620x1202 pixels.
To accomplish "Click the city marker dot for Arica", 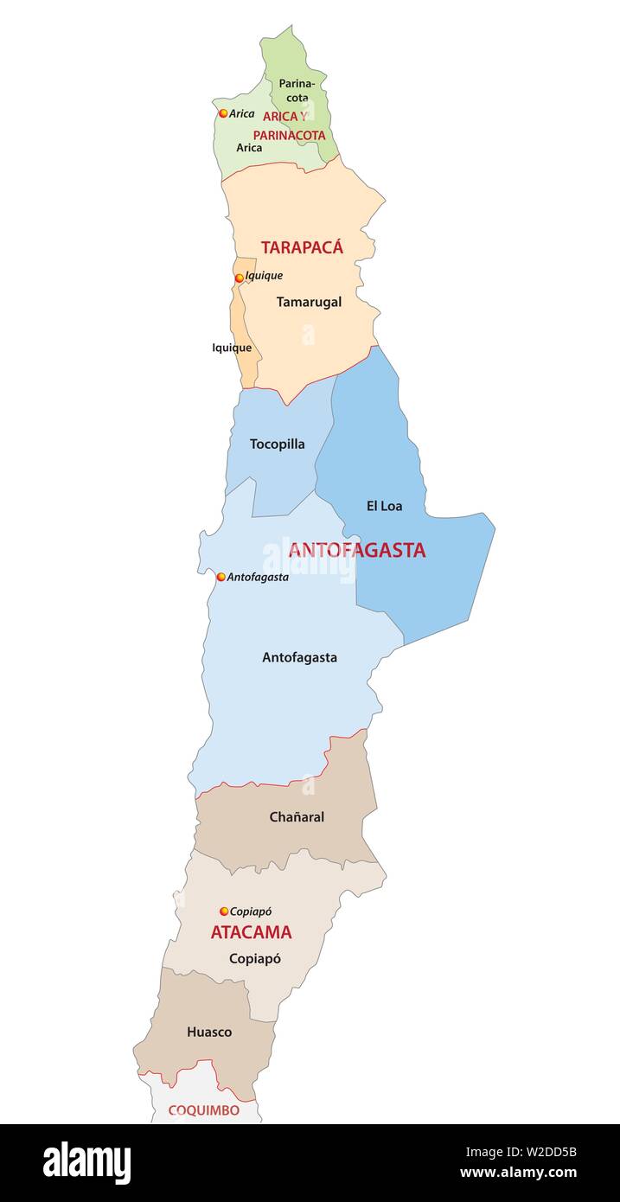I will (223, 113).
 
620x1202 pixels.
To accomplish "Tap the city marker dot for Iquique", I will (240, 278).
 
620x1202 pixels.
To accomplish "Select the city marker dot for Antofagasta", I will (221, 577).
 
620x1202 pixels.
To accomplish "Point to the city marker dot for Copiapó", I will (224, 911).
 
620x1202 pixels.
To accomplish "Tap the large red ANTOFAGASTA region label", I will (356, 550).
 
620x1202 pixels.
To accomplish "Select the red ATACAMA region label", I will (251, 932).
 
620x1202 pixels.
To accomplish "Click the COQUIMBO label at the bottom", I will (203, 1110).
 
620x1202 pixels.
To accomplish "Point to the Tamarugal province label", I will (309, 302).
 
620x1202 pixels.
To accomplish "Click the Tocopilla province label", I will (277, 444).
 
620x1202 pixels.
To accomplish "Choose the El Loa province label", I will (384, 506).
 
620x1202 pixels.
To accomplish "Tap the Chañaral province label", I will (297, 816).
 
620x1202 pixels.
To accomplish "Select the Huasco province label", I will (209, 1032).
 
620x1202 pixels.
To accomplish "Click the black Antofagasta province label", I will (299, 657).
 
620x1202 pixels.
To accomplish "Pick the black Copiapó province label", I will (254, 958).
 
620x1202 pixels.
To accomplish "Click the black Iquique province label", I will (232, 348).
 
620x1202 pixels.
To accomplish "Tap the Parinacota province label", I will (297, 91).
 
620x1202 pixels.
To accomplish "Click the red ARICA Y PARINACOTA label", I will (288, 125).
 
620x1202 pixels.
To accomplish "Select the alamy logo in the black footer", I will (86, 1162).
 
